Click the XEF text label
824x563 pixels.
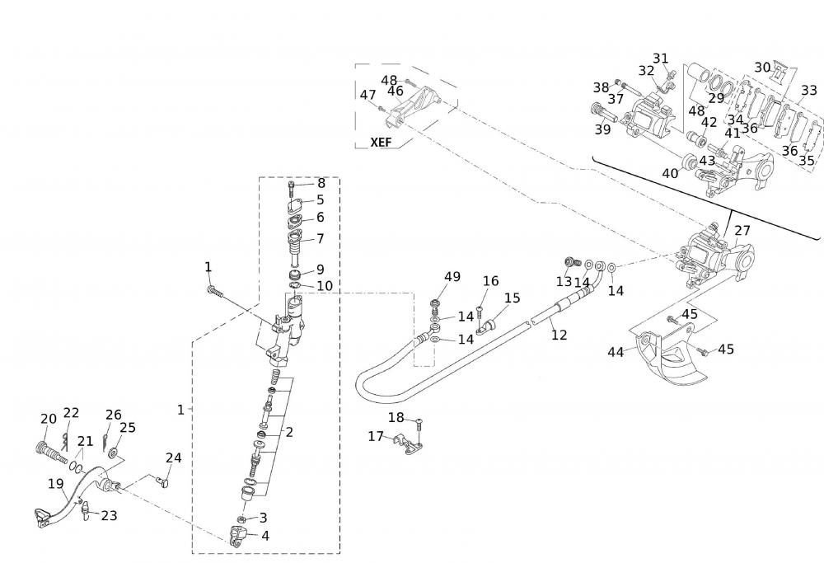pyautogui.click(x=380, y=142)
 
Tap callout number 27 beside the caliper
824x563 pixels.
pyautogui.click(x=742, y=231)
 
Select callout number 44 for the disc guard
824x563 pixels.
pyautogui.click(x=616, y=352)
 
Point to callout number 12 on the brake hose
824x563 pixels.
pyautogui.click(x=559, y=335)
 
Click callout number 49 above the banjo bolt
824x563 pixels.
pyautogui.click(x=452, y=277)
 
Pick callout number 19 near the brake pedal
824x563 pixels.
pyautogui.click(x=55, y=483)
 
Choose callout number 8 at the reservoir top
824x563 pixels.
pyautogui.click(x=321, y=183)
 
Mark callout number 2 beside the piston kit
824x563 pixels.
pyautogui.click(x=289, y=431)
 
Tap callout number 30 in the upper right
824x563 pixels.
pyautogui.click(x=762, y=68)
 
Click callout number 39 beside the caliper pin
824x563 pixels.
pyautogui.click(x=603, y=129)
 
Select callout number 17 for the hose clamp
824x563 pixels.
pyautogui.click(x=376, y=436)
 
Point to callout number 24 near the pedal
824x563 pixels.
pyautogui.click(x=173, y=458)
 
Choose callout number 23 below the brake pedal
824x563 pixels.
pyautogui.click(x=109, y=516)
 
